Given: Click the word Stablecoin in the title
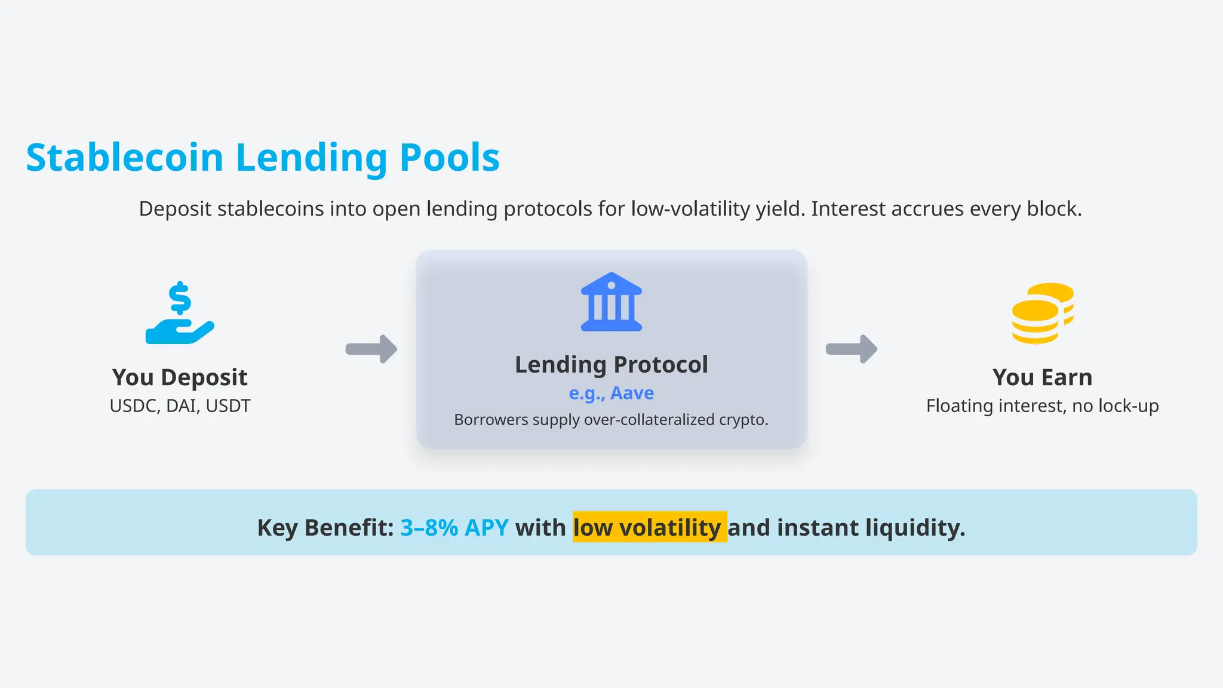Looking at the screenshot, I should pos(125,158).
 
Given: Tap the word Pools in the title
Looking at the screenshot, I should pos(449,158).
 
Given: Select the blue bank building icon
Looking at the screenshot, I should pos(611,302).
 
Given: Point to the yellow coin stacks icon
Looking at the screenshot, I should pos(1043,314).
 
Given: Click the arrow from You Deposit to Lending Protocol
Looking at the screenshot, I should pos(371,349).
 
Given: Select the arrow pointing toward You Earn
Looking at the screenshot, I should pos(852,349).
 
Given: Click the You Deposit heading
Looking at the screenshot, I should pos(180,377).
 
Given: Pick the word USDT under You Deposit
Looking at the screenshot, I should pos(228,406).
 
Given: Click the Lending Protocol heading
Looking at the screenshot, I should pos(611,364).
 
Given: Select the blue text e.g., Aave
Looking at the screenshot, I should pos(611,393).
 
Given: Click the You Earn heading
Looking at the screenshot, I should pos(1042,377).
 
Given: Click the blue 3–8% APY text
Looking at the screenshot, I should pos(454,528).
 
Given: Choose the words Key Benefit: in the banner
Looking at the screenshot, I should pos(325,528).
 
